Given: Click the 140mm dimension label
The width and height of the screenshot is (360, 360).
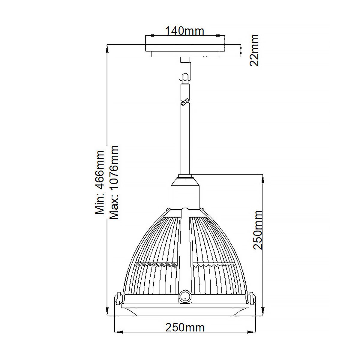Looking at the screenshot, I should coord(184,31).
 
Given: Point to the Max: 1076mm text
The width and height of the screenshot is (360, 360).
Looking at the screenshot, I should coord(114,182).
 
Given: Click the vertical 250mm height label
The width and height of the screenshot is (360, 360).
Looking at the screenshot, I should coord(258,230).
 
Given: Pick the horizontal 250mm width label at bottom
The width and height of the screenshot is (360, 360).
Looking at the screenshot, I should coord(185,328).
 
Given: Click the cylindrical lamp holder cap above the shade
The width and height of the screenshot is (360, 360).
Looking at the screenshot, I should coord(185,197).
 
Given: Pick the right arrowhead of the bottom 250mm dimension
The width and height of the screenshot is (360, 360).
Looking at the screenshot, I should coord(249,332).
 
